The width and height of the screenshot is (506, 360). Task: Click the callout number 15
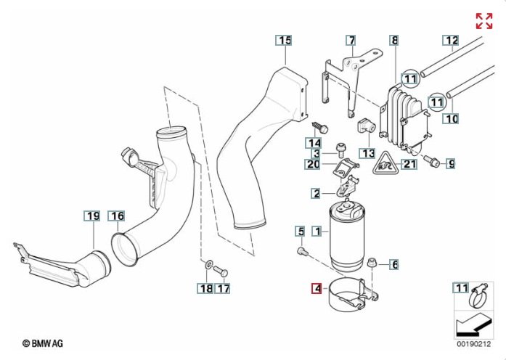(284, 41)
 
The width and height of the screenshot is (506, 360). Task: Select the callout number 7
(351, 41)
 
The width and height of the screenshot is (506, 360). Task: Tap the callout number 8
(394, 41)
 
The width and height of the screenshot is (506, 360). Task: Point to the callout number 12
(451, 41)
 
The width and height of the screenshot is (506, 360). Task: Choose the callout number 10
(451, 118)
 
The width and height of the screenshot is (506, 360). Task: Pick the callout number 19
(92, 216)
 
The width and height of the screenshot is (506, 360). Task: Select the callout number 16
(117, 216)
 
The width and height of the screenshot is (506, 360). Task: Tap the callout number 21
(410, 164)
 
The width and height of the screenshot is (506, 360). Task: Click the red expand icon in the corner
(483, 21)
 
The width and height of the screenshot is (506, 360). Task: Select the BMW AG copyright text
(43, 342)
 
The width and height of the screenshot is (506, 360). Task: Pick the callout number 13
(367, 154)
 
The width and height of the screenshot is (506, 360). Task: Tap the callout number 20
(313, 164)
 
